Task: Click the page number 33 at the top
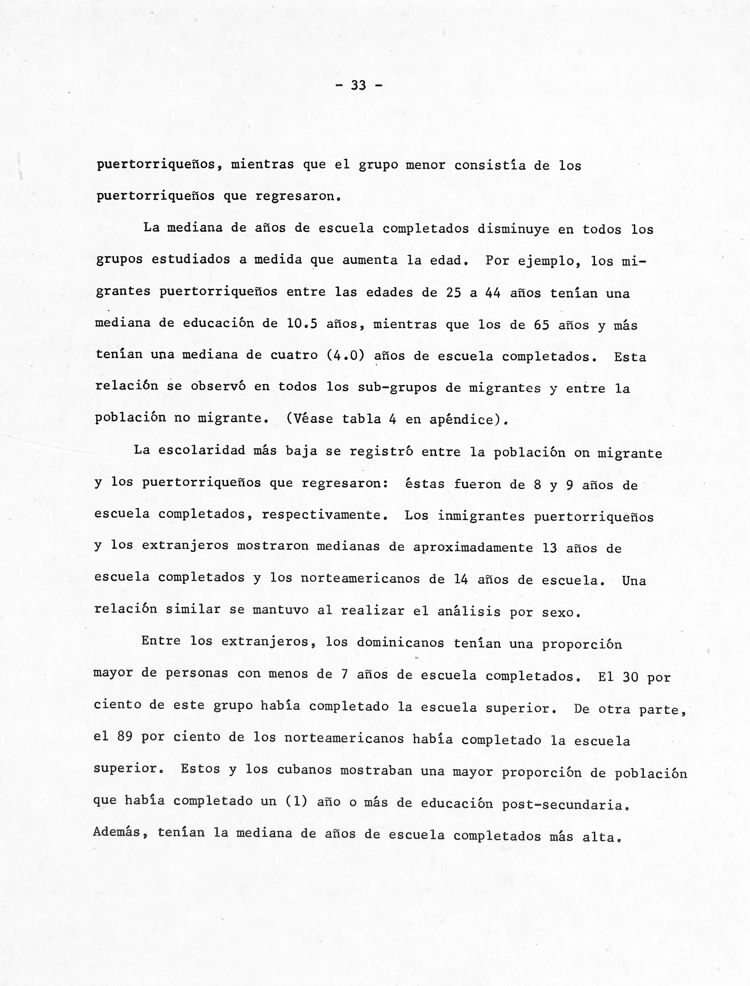[x=358, y=85]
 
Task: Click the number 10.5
[x=302, y=324]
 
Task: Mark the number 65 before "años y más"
[x=541, y=325]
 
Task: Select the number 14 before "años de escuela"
[x=461, y=579]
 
